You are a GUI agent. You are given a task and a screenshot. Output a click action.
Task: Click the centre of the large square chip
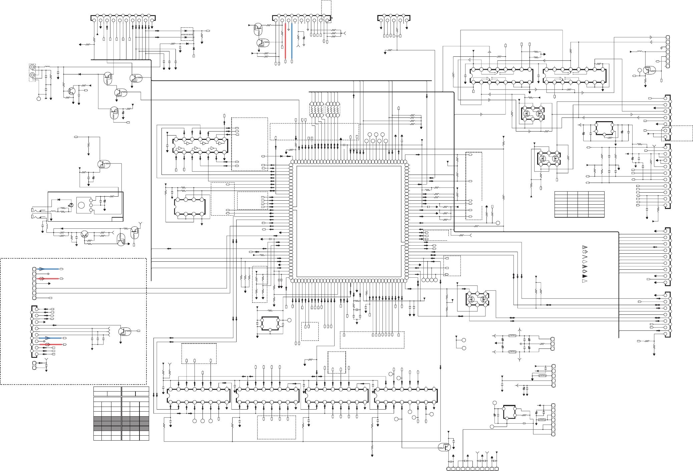pos(349,221)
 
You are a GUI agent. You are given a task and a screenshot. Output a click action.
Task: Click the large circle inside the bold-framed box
pos(81,205)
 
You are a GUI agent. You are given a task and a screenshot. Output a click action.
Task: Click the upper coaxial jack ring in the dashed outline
pos(32,67)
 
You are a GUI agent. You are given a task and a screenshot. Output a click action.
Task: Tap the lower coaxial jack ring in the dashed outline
pos(32,76)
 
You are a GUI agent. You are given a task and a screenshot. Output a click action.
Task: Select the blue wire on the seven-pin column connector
pos(49,269)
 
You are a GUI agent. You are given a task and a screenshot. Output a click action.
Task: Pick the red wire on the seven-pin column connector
pos(49,278)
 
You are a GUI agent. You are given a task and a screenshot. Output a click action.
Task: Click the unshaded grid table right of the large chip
pos(579,204)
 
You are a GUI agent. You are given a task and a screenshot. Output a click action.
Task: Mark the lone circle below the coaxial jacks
pos(39,99)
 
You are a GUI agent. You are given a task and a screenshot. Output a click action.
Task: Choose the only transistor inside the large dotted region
pos(123,331)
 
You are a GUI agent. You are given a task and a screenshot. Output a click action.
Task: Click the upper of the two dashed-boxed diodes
pos(187,31)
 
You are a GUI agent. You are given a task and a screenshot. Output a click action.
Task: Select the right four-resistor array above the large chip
pos(332,109)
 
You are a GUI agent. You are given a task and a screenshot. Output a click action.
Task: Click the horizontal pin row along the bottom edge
pos(472,469)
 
